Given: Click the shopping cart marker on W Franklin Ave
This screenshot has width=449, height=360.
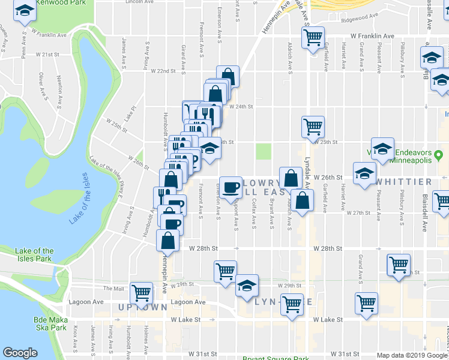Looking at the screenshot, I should pos(313,37).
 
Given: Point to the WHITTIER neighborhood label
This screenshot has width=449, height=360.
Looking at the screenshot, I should pos(404,182).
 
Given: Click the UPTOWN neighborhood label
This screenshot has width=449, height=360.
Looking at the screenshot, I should pos(142,307).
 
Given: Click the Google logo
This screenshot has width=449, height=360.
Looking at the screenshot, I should pos(20,353).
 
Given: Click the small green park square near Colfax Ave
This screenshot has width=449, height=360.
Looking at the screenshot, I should pos(264,151).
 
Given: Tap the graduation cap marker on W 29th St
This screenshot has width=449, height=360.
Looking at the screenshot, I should pos(246,286).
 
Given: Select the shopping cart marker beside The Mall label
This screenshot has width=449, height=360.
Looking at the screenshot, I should pos(142,293).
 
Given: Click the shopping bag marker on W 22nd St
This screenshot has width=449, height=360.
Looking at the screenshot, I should pos(228,76).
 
